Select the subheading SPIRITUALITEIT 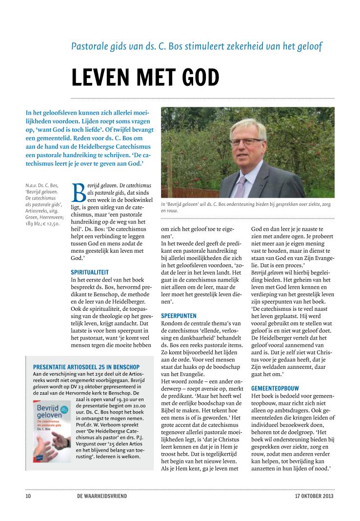click(x=90, y=272)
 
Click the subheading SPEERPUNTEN click(x=179, y=316)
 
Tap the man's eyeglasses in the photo click(x=245, y=141)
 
